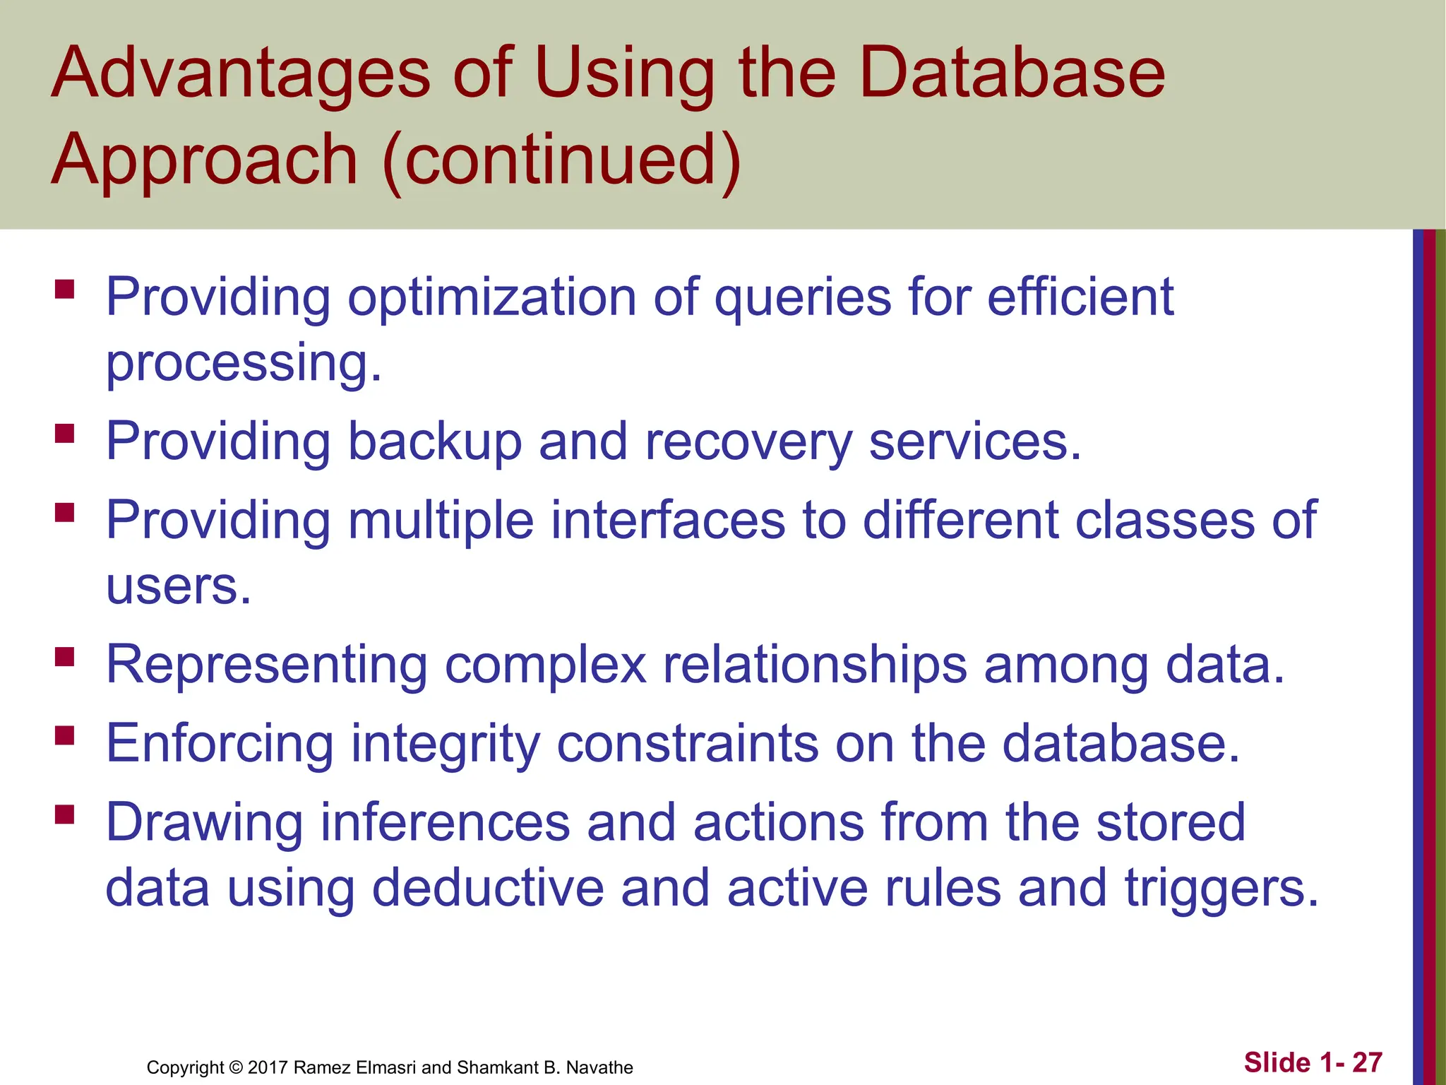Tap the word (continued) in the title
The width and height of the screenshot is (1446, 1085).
[x=562, y=161]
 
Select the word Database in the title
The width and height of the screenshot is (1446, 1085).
[x=1012, y=73]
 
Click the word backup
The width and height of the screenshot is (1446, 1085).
[x=434, y=442]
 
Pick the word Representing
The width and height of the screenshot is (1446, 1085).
[x=266, y=666]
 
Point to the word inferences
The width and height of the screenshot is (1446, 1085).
[x=445, y=822]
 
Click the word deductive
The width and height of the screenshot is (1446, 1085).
[x=487, y=889]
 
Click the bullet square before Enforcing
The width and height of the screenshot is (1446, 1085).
[x=64, y=736]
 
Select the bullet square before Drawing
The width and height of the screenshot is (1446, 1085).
[x=64, y=815]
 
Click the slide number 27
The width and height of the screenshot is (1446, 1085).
[x=1367, y=1062]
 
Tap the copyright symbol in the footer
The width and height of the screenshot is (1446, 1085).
[x=236, y=1067]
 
